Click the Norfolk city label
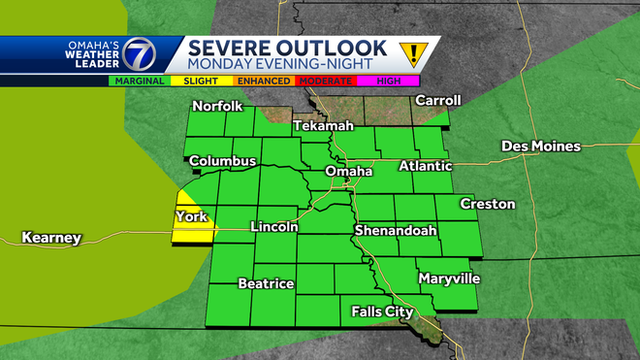(217, 106)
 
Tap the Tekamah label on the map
(323, 127)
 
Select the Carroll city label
(436, 100)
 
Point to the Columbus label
(222, 160)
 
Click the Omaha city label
(348, 172)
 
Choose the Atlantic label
(425, 166)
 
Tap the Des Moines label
(540, 147)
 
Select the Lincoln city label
(272, 227)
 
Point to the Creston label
(487, 204)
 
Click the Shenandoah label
(395, 231)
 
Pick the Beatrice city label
(266, 283)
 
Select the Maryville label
(449, 278)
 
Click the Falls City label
(382, 311)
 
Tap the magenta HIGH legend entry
(387, 82)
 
